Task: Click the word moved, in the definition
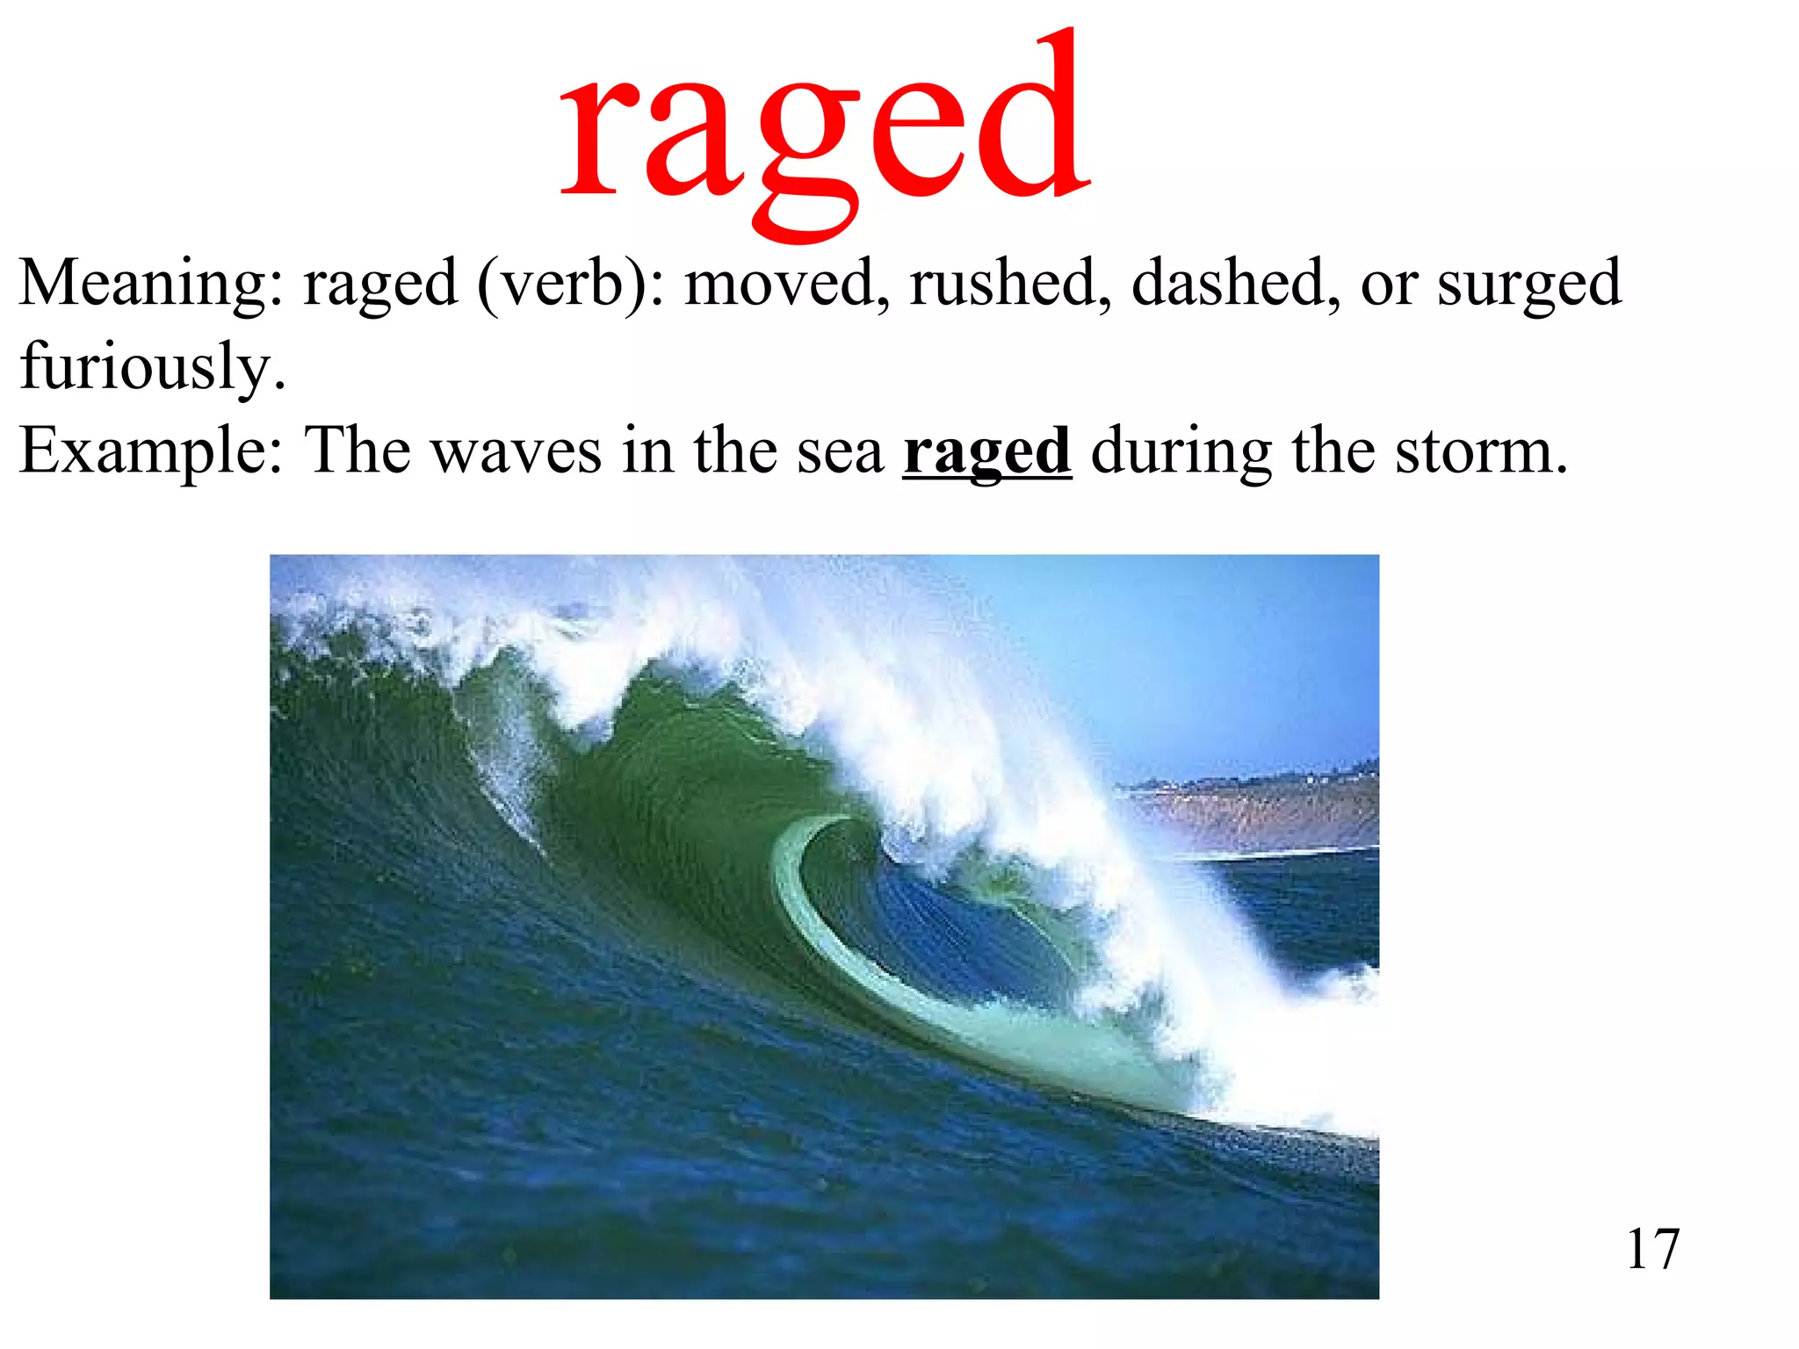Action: click(x=787, y=283)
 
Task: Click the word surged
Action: click(x=1528, y=285)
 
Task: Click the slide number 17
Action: click(x=1652, y=1249)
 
